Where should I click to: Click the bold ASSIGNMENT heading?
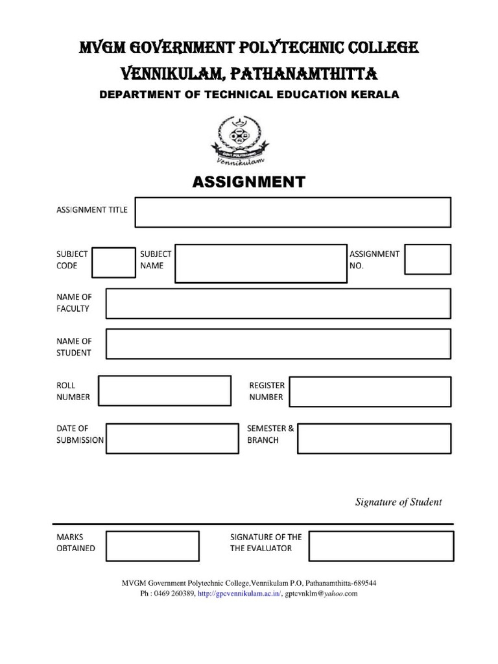pos(248,182)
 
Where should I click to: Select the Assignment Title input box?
pos(292,213)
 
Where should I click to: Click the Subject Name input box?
pos(261,263)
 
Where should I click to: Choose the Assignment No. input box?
pos(427,259)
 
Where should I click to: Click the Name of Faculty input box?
pos(278,303)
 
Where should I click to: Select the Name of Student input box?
pos(278,344)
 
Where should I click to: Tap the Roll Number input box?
pos(165,391)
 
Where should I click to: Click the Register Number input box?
pos(370,391)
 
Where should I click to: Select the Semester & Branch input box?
pos(374,438)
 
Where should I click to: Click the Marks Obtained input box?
pos(152,545)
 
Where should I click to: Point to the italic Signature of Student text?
pos(398,502)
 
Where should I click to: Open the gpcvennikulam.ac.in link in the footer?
pos(239,593)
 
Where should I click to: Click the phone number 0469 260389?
pos(174,593)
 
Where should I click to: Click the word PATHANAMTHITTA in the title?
pos(304,72)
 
